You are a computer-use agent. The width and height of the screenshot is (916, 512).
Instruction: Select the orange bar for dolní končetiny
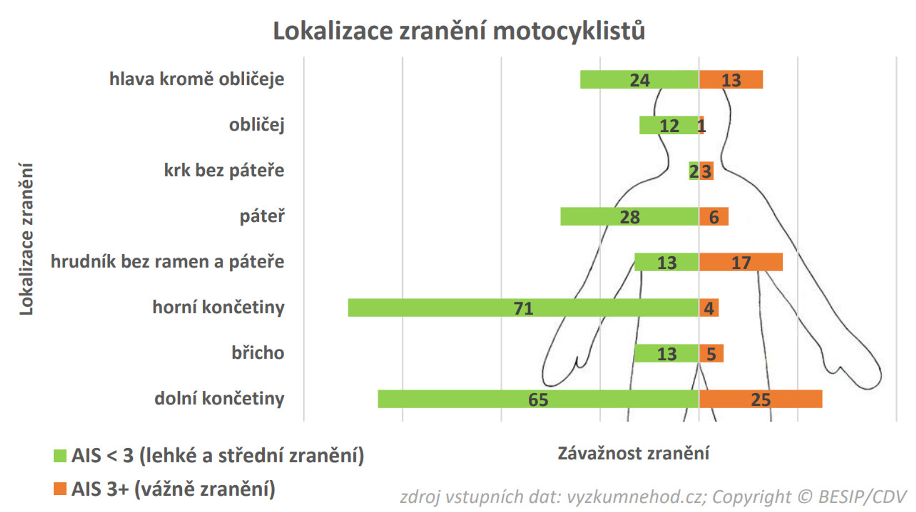point(760,399)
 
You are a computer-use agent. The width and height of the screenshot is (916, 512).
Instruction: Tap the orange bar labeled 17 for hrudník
point(740,262)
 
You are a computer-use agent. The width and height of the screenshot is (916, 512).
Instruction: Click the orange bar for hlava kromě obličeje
point(731,79)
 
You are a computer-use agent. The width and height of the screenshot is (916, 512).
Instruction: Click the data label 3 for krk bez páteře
point(707,171)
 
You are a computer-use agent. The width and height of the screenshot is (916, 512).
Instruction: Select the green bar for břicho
point(666,353)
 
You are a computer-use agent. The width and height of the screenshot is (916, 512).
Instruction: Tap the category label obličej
point(256,125)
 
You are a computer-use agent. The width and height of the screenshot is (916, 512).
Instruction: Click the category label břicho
point(258,353)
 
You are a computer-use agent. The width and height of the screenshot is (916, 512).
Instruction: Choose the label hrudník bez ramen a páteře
point(167,262)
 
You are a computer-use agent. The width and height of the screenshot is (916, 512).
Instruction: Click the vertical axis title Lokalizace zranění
point(26,239)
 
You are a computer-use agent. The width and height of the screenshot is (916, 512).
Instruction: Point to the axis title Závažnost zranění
point(633,453)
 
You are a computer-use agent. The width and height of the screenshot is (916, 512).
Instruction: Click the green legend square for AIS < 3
point(60,456)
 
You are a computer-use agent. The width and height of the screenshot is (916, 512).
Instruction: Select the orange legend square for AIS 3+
point(60,489)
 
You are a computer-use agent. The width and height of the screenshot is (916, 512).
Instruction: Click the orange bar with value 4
point(709,308)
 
